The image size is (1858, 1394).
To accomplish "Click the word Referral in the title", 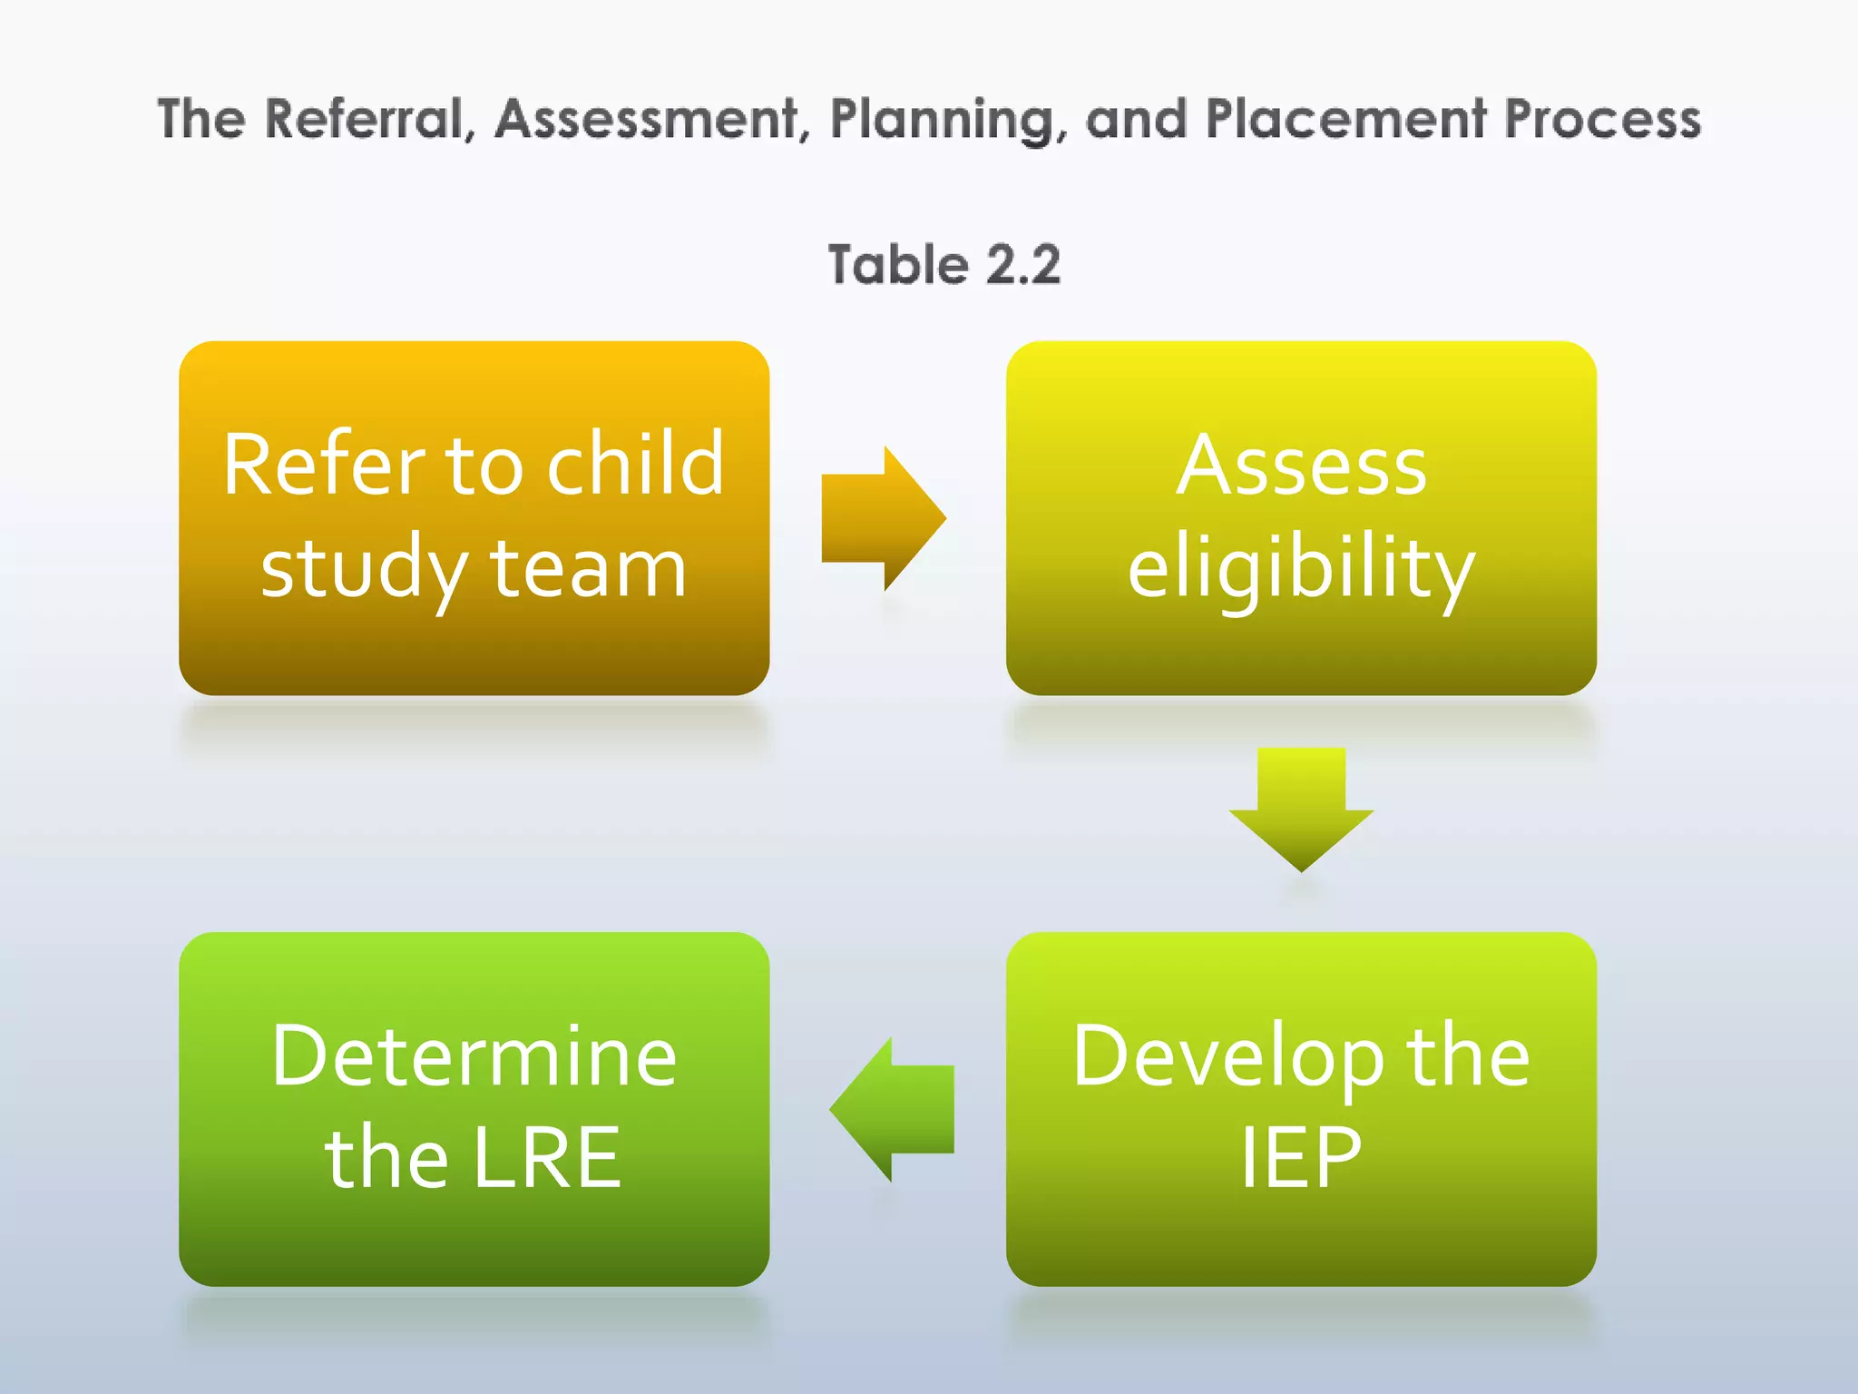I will (x=368, y=120).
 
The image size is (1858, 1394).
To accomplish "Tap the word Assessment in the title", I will (x=647, y=120).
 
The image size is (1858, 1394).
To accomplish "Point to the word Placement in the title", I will (x=1346, y=120).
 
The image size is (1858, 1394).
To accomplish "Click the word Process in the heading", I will (x=1602, y=120).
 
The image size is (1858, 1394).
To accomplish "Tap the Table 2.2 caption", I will (x=944, y=265).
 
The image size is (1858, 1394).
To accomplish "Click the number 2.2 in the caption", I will (x=1022, y=265).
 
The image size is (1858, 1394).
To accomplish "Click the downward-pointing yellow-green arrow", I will (x=1301, y=808).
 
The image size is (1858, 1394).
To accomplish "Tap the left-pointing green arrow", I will (x=891, y=1108).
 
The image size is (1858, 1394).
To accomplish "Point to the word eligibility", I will (x=1301, y=568).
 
